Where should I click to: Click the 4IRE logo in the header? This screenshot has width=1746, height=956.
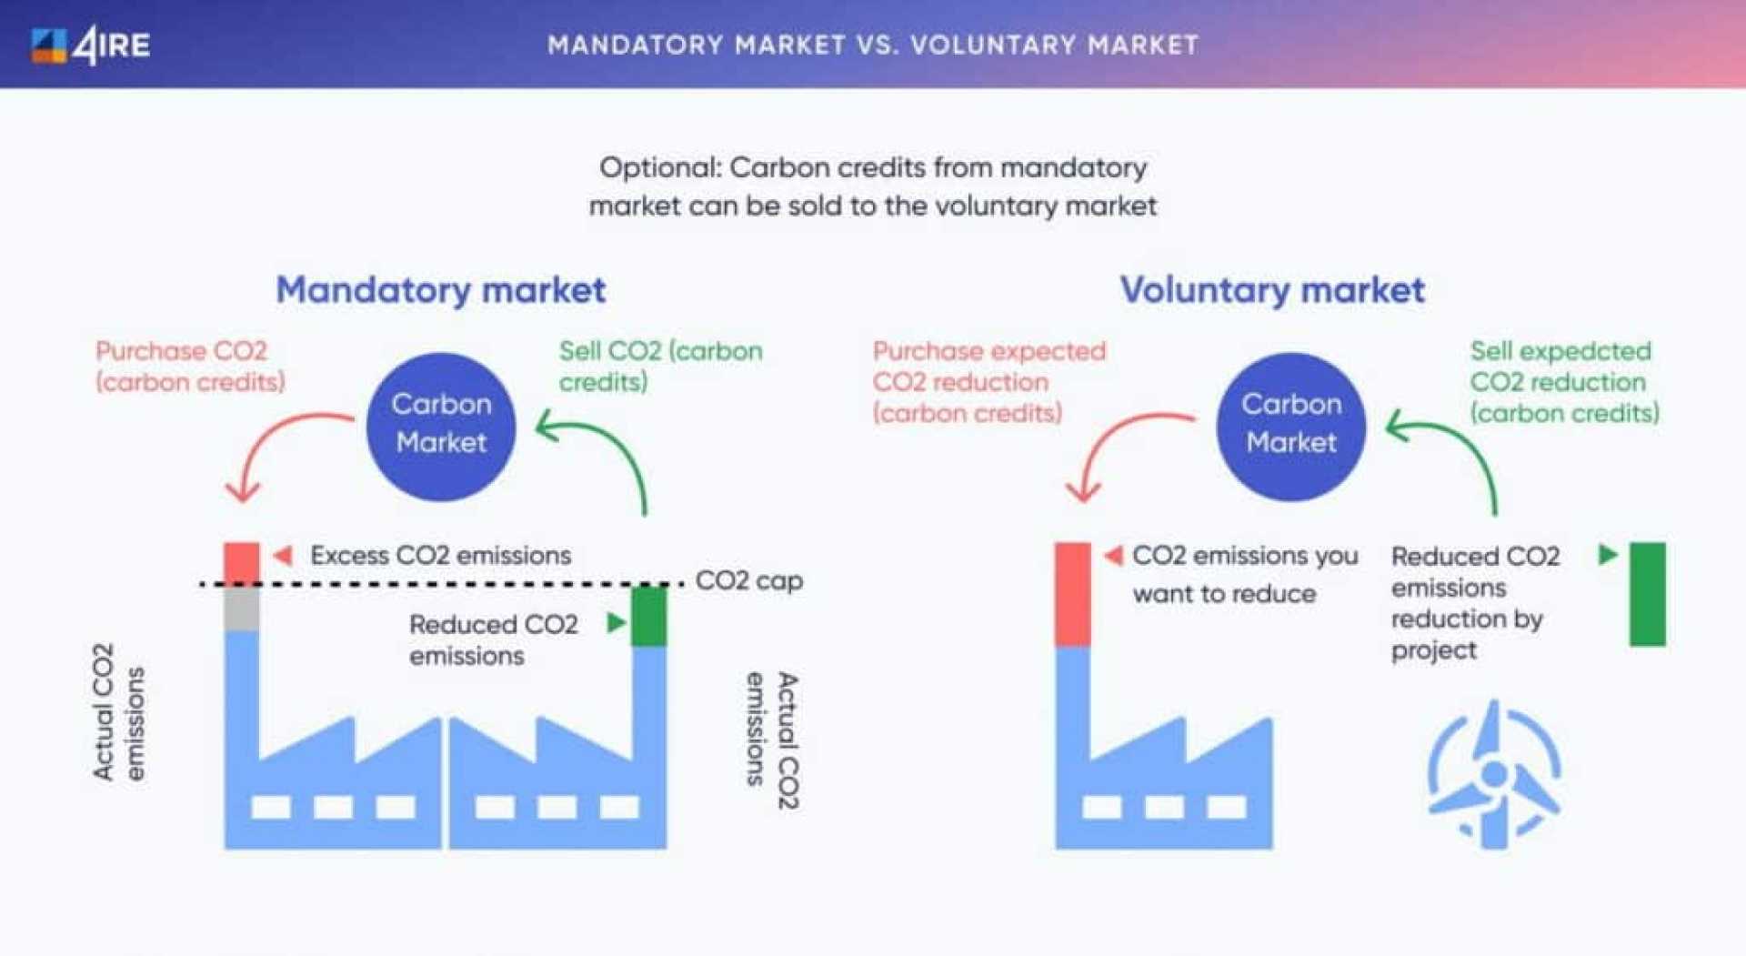91,45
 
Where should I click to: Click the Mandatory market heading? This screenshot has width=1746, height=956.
441,290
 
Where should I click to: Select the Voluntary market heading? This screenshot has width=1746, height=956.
1272,290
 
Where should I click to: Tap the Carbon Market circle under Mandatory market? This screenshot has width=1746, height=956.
441,426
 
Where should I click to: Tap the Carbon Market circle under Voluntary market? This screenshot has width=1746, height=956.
1291,426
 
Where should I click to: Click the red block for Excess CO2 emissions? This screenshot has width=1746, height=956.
242,562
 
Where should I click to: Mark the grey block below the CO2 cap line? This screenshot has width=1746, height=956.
242,608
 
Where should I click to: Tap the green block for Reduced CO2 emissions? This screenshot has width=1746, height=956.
648,616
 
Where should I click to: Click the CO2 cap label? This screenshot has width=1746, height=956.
748,580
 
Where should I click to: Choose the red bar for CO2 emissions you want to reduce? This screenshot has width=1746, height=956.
1072,593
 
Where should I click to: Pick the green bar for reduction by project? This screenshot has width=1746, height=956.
1647,593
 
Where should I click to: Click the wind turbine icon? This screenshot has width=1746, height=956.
1493,775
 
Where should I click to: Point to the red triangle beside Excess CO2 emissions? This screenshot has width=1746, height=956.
283,555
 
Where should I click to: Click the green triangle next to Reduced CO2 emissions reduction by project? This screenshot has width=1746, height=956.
1608,554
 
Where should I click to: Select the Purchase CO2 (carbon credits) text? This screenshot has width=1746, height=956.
189,366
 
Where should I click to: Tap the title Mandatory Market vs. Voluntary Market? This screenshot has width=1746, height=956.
873,45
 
